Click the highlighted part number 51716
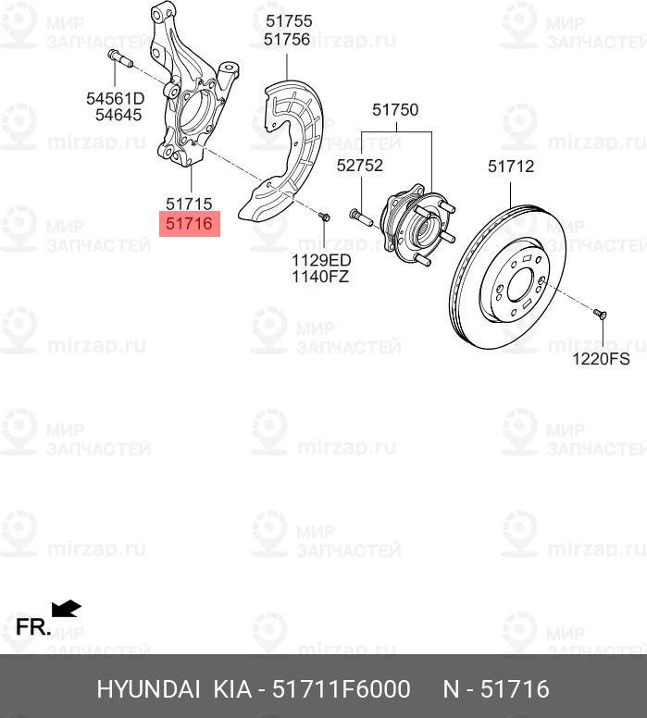coord(189,223)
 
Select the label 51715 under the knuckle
coord(189,204)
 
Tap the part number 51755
coord(287,21)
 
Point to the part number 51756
coord(287,39)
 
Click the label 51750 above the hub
coord(395,110)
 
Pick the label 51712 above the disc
coord(511,167)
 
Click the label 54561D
coord(116,98)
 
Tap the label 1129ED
coord(321,259)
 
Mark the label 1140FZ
coord(320,276)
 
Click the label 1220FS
coord(600,357)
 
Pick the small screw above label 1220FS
coord(600,315)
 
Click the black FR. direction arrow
coord(67,609)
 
